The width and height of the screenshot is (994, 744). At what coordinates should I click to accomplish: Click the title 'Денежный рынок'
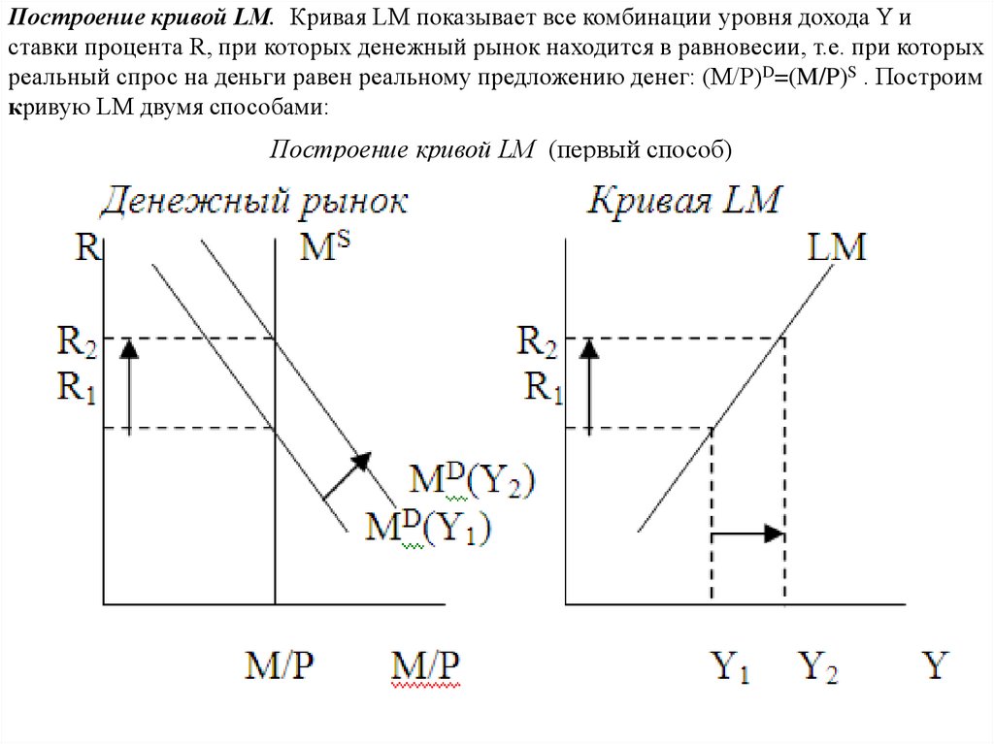pyautogui.click(x=253, y=203)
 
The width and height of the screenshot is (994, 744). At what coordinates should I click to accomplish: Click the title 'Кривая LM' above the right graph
pyautogui.click(x=683, y=200)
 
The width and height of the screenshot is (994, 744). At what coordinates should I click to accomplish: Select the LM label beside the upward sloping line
pyautogui.click(x=836, y=247)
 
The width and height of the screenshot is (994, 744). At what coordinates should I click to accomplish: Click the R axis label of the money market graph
pyautogui.click(x=88, y=246)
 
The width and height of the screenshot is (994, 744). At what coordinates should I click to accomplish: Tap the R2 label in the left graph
pyautogui.click(x=77, y=341)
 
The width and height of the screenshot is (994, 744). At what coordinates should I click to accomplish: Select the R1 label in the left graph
pyautogui.click(x=77, y=387)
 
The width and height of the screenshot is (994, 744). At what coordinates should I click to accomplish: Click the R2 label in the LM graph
pyautogui.click(x=537, y=341)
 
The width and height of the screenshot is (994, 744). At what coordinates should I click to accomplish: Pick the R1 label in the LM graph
pyautogui.click(x=544, y=387)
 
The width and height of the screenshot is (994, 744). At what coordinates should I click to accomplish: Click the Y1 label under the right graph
pyautogui.click(x=730, y=666)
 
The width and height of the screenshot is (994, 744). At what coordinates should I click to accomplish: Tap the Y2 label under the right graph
pyautogui.click(x=817, y=666)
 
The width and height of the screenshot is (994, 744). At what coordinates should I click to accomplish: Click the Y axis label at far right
pyautogui.click(x=936, y=664)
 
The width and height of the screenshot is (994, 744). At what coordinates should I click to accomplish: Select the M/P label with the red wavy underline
pyautogui.click(x=425, y=666)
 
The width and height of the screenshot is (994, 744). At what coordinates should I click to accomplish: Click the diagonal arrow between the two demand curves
pyautogui.click(x=347, y=476)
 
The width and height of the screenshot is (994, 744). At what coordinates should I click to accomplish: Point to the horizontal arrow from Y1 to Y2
pyautogui.click(x=748, y=534)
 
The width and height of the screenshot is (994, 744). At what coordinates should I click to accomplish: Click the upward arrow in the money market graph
pyautogui.click(x=129, y=387)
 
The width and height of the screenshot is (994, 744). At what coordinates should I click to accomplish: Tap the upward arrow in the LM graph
pyautogui.click(x=589, y=387)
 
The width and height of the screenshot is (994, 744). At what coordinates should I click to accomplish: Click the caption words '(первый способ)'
pyautogui.click(x=641, y=149)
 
